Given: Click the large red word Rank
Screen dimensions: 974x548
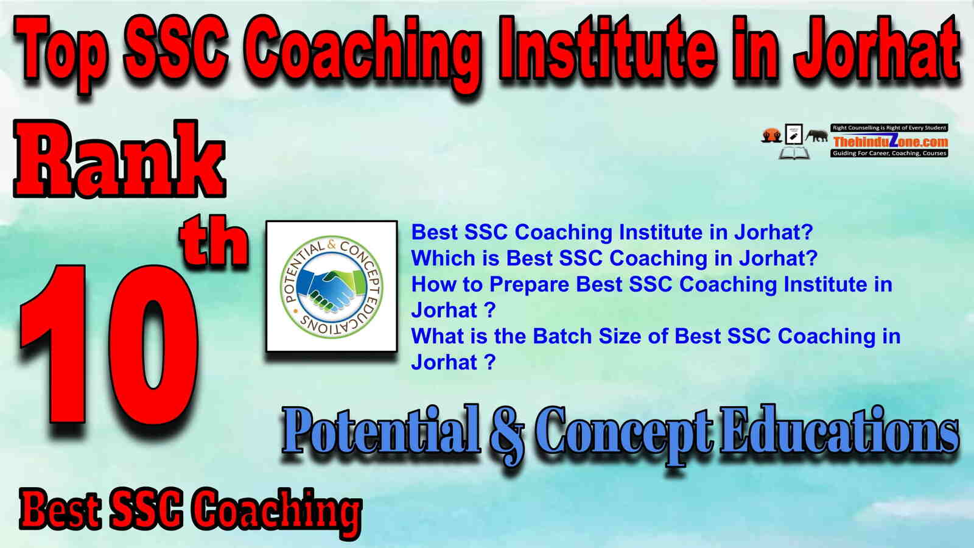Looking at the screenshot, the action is (119, 159).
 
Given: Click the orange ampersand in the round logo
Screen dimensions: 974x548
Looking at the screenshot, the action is (331, 245).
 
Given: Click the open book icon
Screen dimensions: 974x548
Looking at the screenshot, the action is (794, 153).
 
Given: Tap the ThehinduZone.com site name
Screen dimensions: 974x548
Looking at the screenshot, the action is (889, 141).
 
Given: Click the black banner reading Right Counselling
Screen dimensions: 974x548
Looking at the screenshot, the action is (889, 128).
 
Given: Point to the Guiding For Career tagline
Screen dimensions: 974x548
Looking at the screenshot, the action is (889, 153).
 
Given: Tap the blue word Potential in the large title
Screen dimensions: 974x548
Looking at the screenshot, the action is (381, 430).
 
